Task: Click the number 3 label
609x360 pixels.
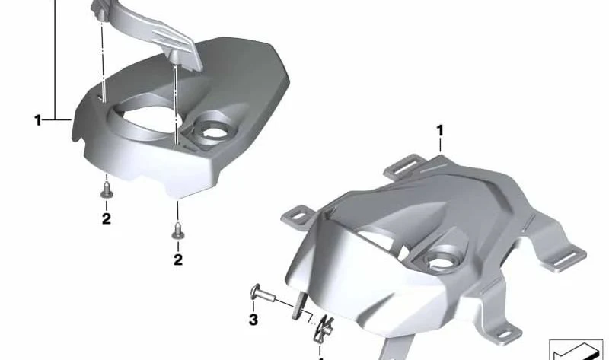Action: [x=253, y=320]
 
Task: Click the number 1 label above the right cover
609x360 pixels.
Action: [x=440, y=131]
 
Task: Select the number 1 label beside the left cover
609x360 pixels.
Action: [x=37, y=120]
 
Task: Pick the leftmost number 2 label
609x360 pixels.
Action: [x=107, y=219]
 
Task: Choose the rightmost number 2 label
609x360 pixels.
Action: [x=178, y=260]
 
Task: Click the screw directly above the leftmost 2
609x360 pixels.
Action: [x=107, y=190]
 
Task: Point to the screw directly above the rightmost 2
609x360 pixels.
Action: [x=178, y=231]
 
